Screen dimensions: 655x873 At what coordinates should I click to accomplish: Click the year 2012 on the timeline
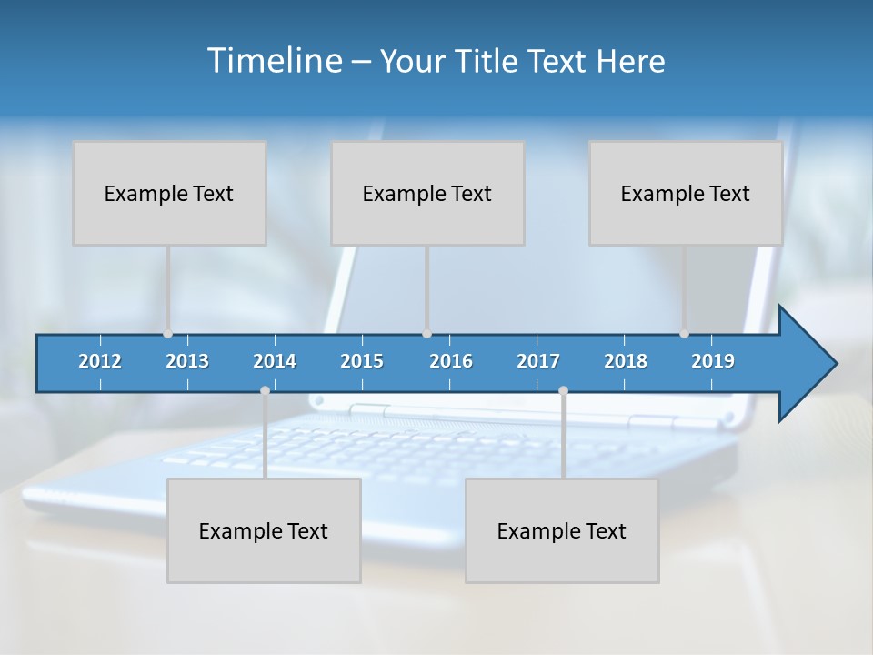pos(100,361)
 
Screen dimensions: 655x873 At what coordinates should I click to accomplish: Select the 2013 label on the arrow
pos(187,361)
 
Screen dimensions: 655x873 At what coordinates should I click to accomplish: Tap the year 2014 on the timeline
pos(275,361)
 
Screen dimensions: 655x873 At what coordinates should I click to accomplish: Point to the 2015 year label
pos(362,361)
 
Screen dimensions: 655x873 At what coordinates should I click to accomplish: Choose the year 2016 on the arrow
pos(451,361)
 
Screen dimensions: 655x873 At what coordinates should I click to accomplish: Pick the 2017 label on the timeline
pos(538,361)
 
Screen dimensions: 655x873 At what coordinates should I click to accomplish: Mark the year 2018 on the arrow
pos(626,361)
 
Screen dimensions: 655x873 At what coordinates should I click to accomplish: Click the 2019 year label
pos(713,361)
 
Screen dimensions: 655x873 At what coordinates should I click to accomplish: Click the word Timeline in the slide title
pos(274,60)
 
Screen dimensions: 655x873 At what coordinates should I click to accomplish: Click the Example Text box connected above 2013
pos(169,193)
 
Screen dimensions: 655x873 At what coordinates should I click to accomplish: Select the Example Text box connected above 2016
pos(427,193)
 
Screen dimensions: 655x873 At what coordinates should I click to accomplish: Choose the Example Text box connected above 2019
pos(686,193)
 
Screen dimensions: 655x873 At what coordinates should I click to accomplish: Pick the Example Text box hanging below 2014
pos(264,530)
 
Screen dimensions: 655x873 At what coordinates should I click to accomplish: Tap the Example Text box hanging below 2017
pos(562,530)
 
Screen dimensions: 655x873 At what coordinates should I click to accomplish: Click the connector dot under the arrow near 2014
pos(265,391)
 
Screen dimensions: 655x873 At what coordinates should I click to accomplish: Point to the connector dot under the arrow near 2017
pos(563,391)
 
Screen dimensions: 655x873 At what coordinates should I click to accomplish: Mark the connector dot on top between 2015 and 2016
pos(426,334)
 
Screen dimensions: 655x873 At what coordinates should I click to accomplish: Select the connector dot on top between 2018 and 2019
pos(684,334)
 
